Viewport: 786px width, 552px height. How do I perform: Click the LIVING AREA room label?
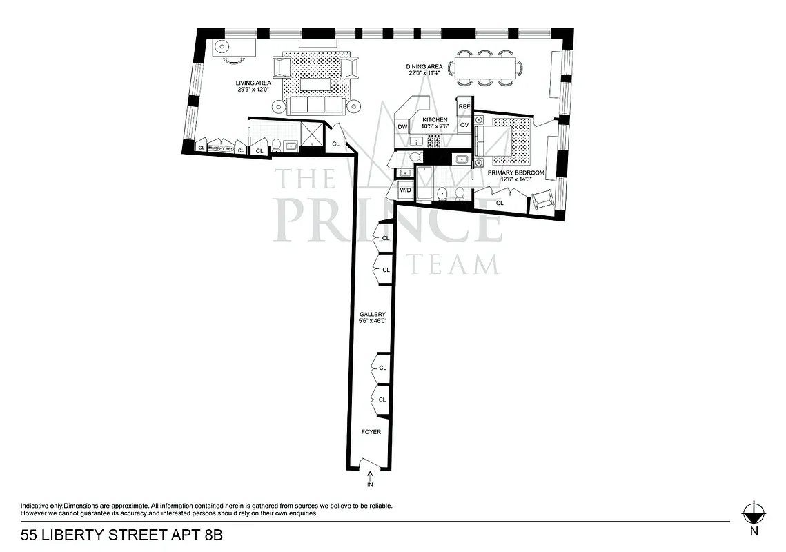pos(253,83)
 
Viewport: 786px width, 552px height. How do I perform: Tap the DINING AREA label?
pos(424,67)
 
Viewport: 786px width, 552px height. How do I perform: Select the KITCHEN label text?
pos(435,120)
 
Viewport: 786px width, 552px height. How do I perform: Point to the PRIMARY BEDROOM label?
pos(516,172)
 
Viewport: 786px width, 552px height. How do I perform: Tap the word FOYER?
pos(371,432)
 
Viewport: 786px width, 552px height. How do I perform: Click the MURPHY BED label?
pos(221,148)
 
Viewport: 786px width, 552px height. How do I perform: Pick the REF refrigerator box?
pos(464,107)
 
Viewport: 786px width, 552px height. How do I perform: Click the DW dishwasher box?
pos(402,127)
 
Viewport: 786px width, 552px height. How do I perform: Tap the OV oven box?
pos(464,125)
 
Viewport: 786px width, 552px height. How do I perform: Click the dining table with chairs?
pos(485,68)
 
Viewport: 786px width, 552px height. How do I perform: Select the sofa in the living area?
pos(317,105)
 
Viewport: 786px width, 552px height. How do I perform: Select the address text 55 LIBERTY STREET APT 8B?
pos(121,535)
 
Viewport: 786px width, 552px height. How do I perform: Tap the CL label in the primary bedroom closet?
pos(500,203)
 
